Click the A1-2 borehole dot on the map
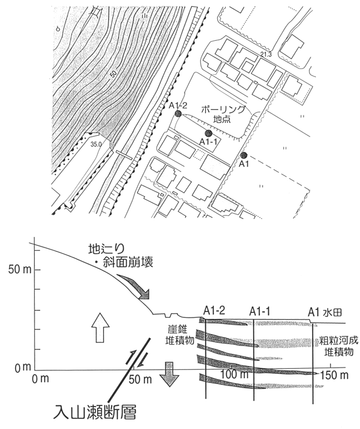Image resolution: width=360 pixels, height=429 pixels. [x=178, y=114]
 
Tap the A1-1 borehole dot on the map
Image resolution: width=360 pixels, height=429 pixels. [x=208, y=133]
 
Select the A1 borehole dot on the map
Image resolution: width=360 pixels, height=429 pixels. [x=244, y=155]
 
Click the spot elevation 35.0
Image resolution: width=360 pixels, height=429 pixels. [x=96, y=144]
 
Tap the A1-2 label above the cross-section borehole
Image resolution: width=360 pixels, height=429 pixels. [x=215, y=311]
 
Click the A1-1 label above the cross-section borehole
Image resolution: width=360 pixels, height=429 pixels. [x=261, y=312]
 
